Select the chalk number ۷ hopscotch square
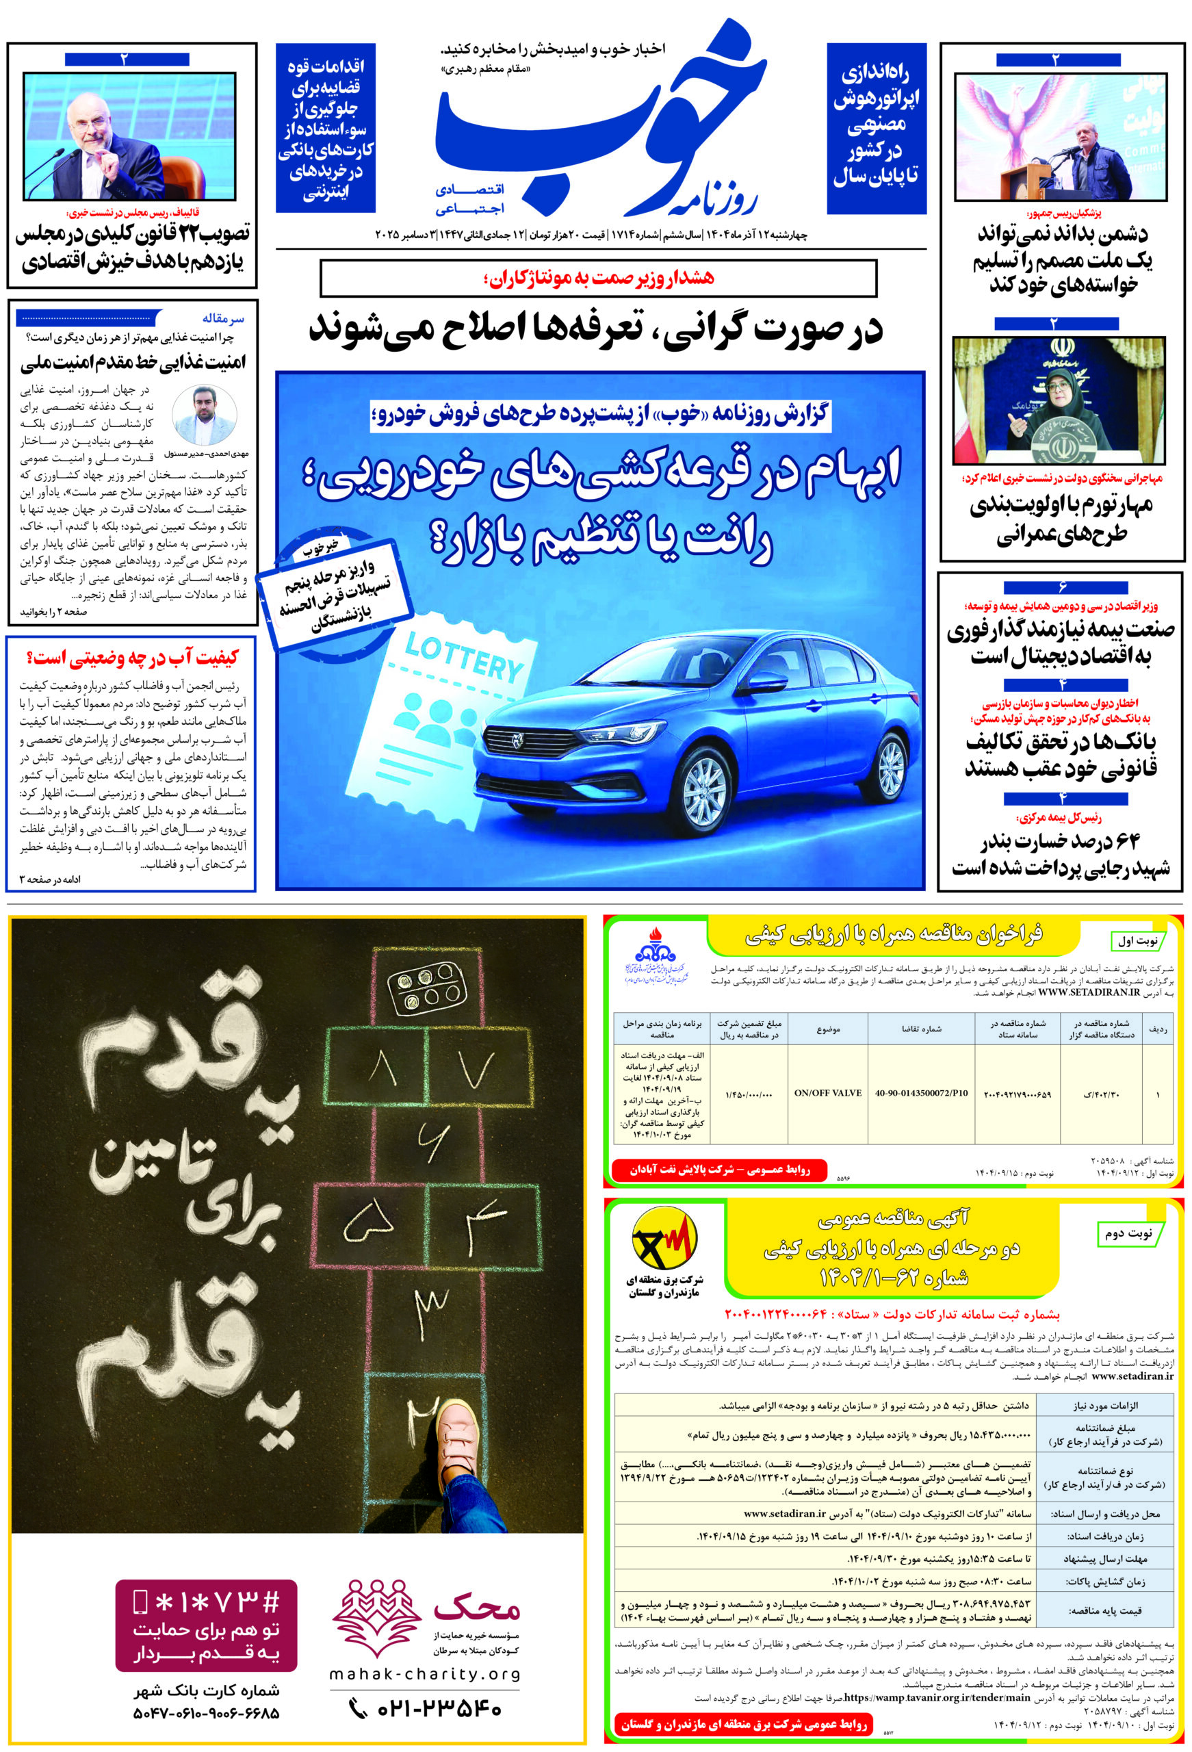click(475, 1067)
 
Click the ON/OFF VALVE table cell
click(827, 1092)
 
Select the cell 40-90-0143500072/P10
click(920, 1092)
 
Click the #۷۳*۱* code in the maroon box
click(206, 1601)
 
